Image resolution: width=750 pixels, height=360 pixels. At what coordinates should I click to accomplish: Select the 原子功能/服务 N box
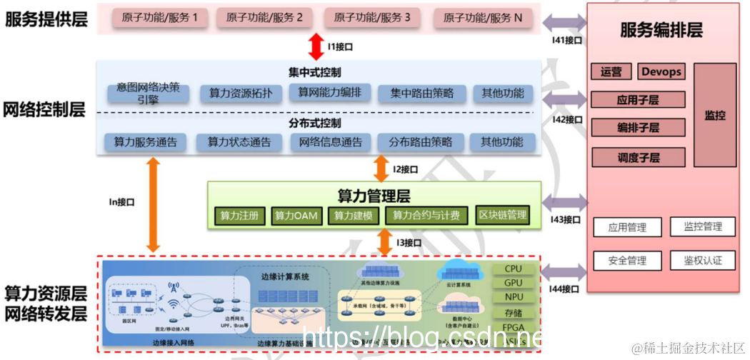484,18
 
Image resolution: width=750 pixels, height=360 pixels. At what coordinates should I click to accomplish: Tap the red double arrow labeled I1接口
316,46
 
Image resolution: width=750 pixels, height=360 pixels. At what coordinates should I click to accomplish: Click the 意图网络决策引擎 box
149,94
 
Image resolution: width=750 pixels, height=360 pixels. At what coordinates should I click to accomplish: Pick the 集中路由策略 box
421,94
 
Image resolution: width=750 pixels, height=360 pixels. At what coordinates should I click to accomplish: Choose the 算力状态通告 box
239,142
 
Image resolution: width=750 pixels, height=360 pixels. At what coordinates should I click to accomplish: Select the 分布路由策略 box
421,142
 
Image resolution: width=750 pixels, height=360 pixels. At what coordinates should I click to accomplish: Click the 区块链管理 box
502,215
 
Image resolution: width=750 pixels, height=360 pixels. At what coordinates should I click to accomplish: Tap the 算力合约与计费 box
426,215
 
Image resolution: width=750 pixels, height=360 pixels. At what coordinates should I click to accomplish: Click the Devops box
661,71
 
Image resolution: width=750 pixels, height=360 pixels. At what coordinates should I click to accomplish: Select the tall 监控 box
714,114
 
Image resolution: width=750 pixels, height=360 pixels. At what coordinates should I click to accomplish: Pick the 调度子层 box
638,157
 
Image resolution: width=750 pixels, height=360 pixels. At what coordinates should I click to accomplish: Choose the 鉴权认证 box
703,261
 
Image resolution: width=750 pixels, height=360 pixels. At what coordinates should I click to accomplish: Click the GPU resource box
513,283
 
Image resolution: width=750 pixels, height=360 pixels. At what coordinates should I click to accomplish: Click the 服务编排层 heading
661,30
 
